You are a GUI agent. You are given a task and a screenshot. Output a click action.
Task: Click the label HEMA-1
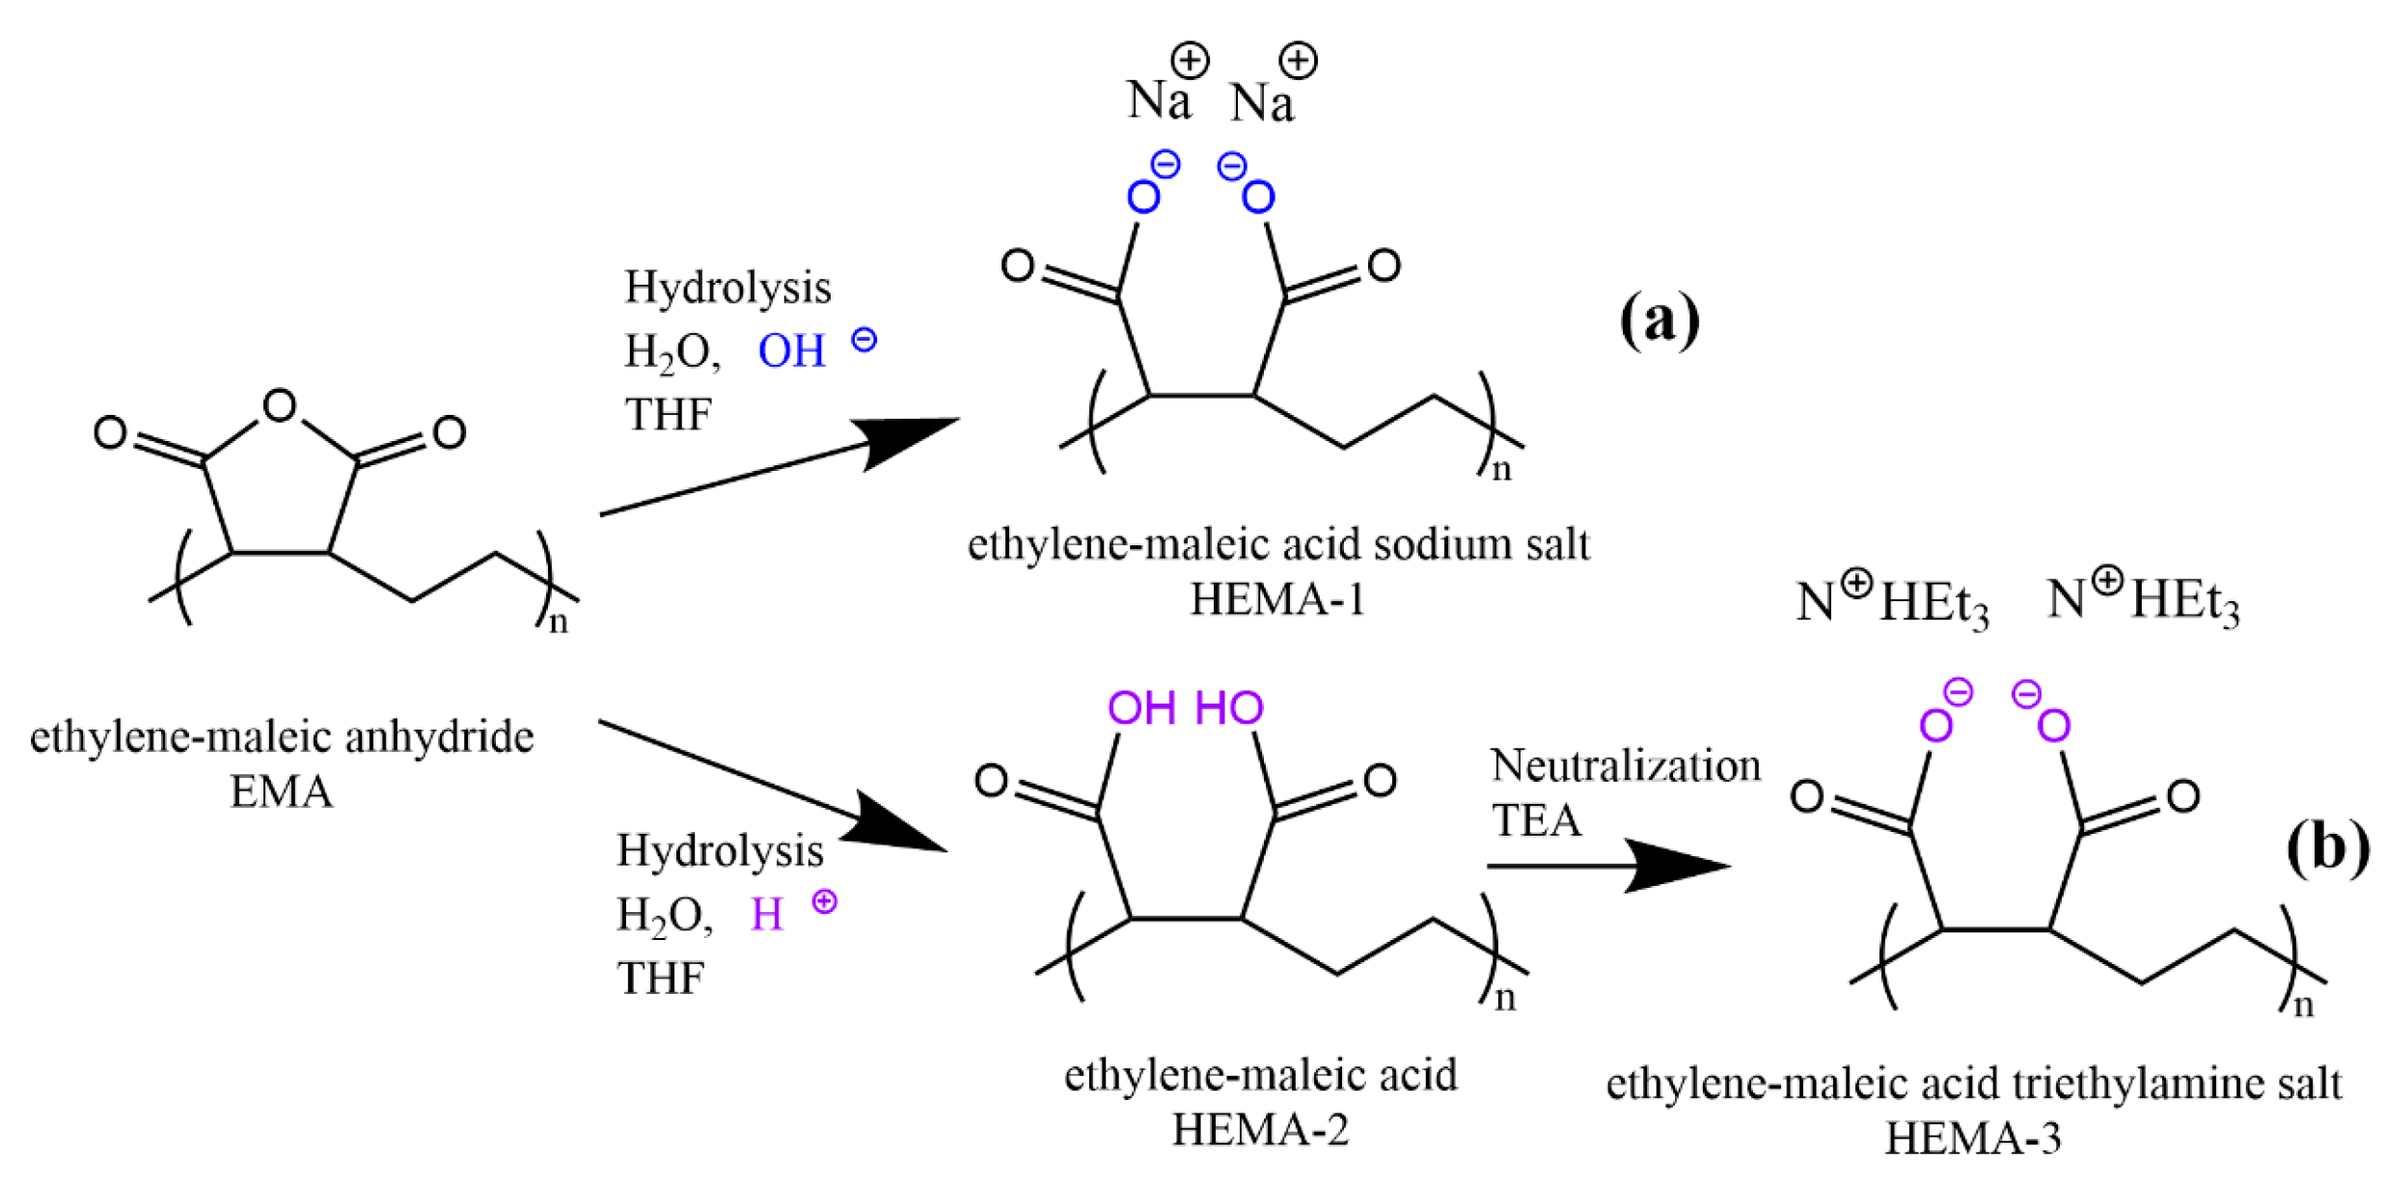1276,600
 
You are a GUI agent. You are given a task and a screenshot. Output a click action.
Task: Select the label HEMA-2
1259,1129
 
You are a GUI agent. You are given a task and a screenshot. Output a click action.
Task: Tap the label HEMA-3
1972,1139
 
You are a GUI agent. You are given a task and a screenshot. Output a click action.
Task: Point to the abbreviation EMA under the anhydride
281,792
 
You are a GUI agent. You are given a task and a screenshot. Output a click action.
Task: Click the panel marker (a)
1659,319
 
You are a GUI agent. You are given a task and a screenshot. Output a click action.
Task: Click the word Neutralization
1625,766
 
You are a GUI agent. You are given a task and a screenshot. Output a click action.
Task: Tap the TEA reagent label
1536,821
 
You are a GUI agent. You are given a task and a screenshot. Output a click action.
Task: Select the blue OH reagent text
792,351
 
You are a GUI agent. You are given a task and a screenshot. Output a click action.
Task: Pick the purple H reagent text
766,914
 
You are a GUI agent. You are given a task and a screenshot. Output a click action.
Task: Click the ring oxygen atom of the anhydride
280,406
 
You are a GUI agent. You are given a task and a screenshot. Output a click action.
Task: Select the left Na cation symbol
1160,99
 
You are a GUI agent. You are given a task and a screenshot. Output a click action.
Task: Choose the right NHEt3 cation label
2142,600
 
